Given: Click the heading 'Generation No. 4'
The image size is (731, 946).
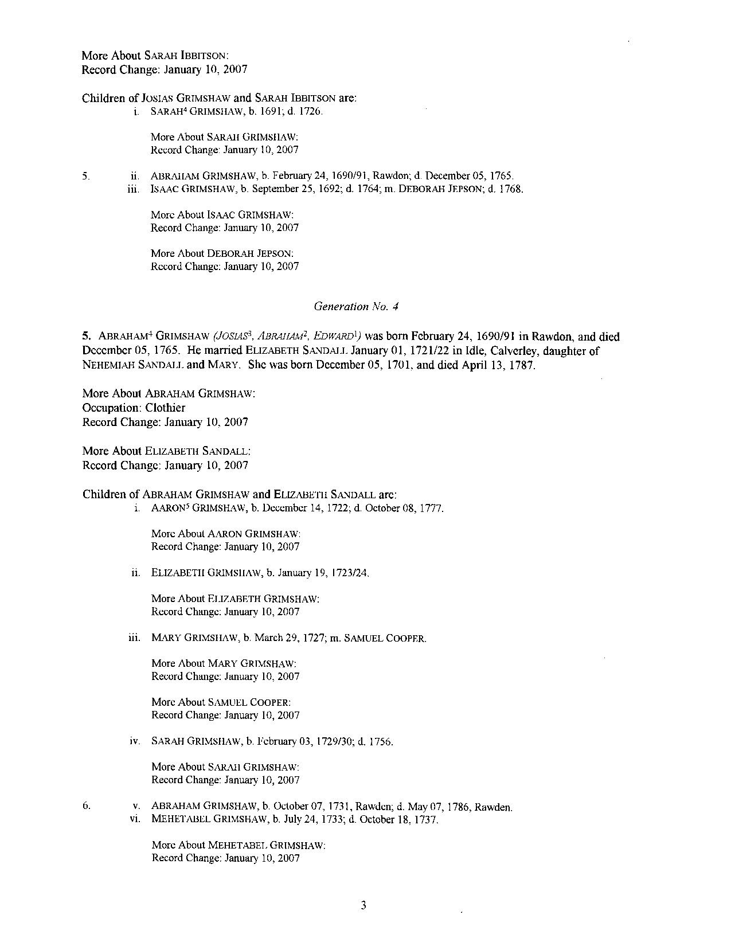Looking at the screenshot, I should point(356,307).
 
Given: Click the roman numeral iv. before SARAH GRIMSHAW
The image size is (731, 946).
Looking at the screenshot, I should point(135,741).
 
